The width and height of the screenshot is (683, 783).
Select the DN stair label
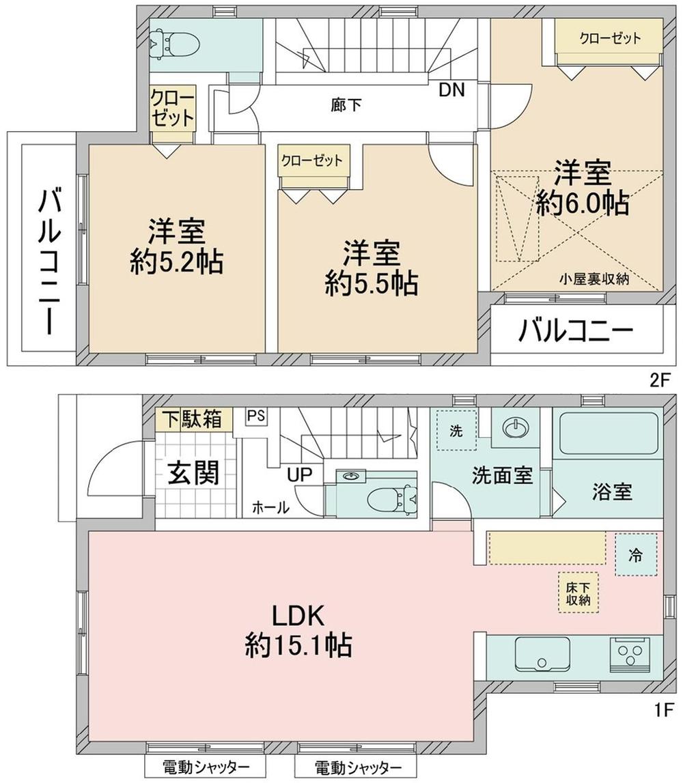click(451, 90)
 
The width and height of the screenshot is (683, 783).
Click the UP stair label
click(299, 474)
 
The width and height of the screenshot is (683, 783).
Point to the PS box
click(256, 416)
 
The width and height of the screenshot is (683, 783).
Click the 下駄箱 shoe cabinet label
click(194, 419)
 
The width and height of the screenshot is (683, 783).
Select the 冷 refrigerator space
click(636, 554)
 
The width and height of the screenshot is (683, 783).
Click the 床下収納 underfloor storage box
click(578, 593)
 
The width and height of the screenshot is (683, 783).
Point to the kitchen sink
click(542, 654)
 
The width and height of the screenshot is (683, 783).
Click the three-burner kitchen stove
click(629, 654)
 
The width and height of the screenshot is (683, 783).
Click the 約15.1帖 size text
click(298, 645)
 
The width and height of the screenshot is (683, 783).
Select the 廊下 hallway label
click(345, 105)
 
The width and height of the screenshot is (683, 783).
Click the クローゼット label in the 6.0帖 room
click(610, 38)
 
